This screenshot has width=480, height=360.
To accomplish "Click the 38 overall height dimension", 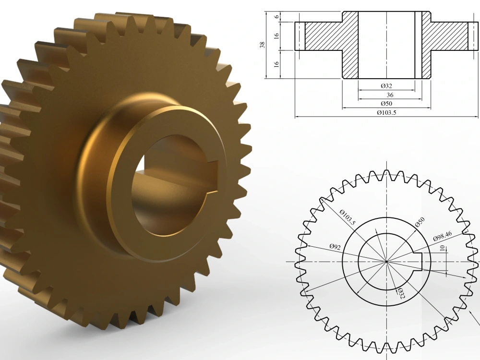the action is pyautogui.click(x=262, y=45).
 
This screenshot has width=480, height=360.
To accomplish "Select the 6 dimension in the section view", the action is pyautogui.click(x=277, y=16).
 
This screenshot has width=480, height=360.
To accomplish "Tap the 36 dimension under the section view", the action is pyautogui.click(x=390, y=95).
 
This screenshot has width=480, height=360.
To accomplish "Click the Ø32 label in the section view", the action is pyautogui.click(x=386, y=86).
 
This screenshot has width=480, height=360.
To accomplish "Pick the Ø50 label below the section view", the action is pyautogui.click(x=386, y=104).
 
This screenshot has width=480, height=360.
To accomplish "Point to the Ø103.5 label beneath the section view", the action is pyautogui.click(x=386, y=112).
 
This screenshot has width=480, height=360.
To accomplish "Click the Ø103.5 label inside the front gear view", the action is pyautogui.click(x=348, y=217).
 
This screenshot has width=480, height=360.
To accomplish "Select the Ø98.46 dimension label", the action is pyautogui.click(x=443, y=236).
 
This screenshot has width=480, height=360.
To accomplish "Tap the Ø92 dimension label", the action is pyautogui.click(x=335, y=247).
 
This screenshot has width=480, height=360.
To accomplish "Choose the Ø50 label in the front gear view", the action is pyautogui.click(x=420, y=222).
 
